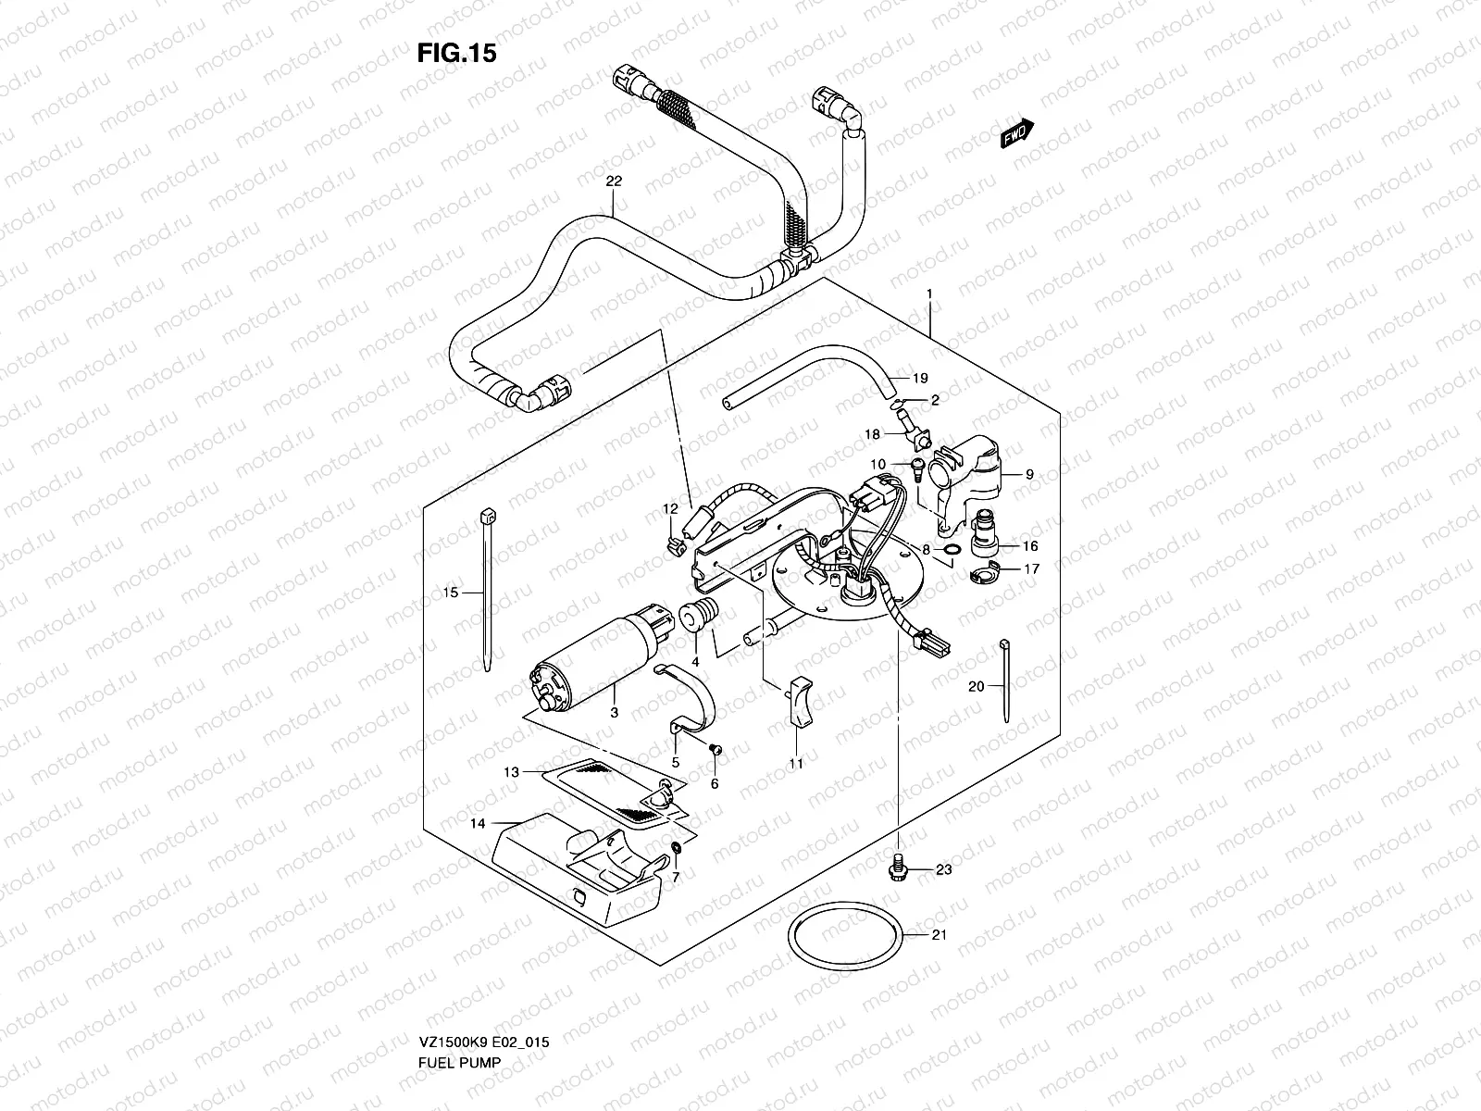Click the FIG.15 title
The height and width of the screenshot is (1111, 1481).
(456, 53)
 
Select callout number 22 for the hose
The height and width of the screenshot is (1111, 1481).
(613, 182)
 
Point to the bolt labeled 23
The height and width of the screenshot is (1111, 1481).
(896, 869)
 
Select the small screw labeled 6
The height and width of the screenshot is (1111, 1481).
(715, 748)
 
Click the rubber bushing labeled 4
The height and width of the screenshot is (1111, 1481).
(694, 617)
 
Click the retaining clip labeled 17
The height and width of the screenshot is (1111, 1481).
(985, 577)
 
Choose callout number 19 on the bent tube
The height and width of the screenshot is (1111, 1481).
(919, 378)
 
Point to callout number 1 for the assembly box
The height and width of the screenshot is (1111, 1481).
(928, 293)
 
